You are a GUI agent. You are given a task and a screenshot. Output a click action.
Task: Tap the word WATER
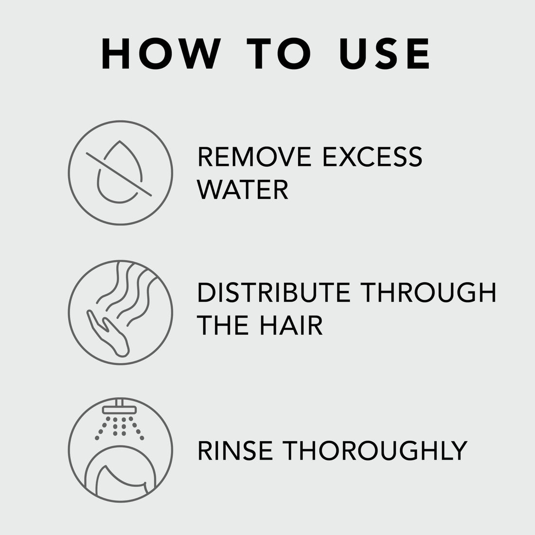tap(243, 190)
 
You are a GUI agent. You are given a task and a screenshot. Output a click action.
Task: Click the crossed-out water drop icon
tap(121, 173)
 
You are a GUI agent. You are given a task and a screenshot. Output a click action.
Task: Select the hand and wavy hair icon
tap(121, 312)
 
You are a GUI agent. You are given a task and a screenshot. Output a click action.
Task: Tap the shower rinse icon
tap(121, 450)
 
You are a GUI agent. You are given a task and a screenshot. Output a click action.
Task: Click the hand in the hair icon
tap(109, 336)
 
